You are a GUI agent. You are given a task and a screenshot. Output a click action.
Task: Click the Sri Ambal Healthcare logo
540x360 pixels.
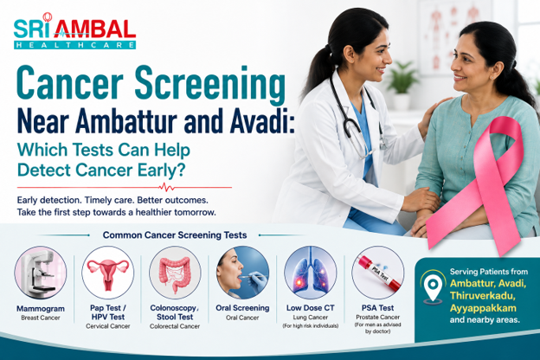pyautogui.click(x=74, y=31)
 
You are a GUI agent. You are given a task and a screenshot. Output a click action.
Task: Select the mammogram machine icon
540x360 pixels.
pyautogui.click(x=41, y=272)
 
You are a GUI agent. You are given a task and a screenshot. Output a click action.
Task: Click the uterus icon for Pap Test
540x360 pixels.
pyautogui.click(x=108, y=272)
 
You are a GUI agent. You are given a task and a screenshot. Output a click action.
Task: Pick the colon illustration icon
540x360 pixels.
pyautogui.click(x=175, y=272)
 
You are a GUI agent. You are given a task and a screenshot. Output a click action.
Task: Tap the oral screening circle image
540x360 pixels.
pyautogui.click(x=242, y=272)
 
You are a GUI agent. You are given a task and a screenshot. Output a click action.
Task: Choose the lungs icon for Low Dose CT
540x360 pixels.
pyautogui.click(x=311, y=272)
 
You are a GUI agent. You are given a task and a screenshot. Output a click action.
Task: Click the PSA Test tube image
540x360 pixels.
pyautogui.click(x=378, y=272)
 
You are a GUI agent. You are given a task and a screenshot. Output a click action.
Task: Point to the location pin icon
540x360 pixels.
pyautogui.click(x=433, y=285)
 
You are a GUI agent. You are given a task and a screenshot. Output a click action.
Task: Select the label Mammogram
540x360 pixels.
pyautogui.click(x=41, y=309)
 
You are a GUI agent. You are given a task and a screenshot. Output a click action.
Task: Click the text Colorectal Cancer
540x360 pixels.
pyautogui.click(x=175, y=326)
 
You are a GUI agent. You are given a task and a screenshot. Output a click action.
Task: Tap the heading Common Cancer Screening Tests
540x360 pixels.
pyautogui.click(x=175, y=235)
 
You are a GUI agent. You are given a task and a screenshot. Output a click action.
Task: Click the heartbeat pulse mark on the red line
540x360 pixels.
pyautogui.click(x=167, y=188)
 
